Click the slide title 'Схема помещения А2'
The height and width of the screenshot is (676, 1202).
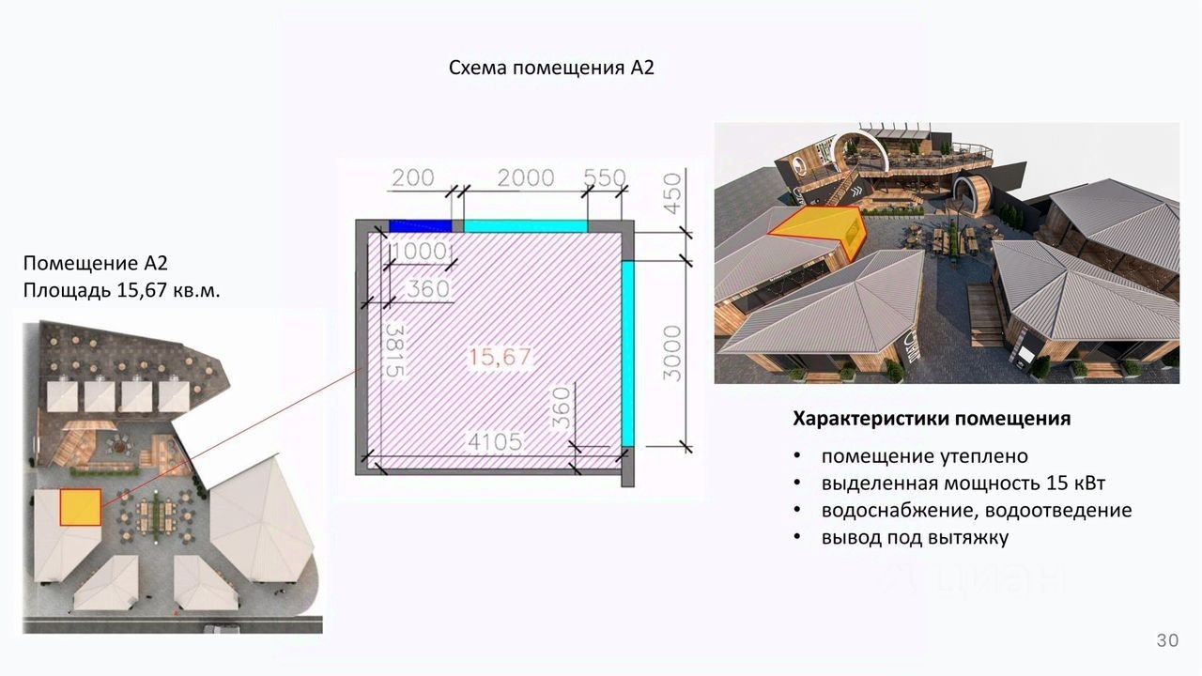[550, 68]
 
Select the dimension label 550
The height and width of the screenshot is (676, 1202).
[604, 177]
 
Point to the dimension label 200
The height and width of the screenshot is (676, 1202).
[412, 177]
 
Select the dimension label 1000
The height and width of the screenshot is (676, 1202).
[419, 253]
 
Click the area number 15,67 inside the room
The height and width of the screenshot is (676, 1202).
[501, 357]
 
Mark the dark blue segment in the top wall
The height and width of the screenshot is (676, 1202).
[420, 225]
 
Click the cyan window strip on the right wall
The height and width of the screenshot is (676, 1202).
[627, 352]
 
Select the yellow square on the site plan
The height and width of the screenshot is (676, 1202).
[80, 507]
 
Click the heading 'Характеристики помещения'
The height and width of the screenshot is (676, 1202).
[932, 419]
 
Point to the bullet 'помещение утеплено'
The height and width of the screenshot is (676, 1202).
[924, 456]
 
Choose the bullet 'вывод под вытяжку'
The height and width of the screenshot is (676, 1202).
[915, 538]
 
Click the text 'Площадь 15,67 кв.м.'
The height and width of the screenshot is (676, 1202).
[122, 290]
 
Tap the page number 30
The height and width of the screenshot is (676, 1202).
[1167, 640]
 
